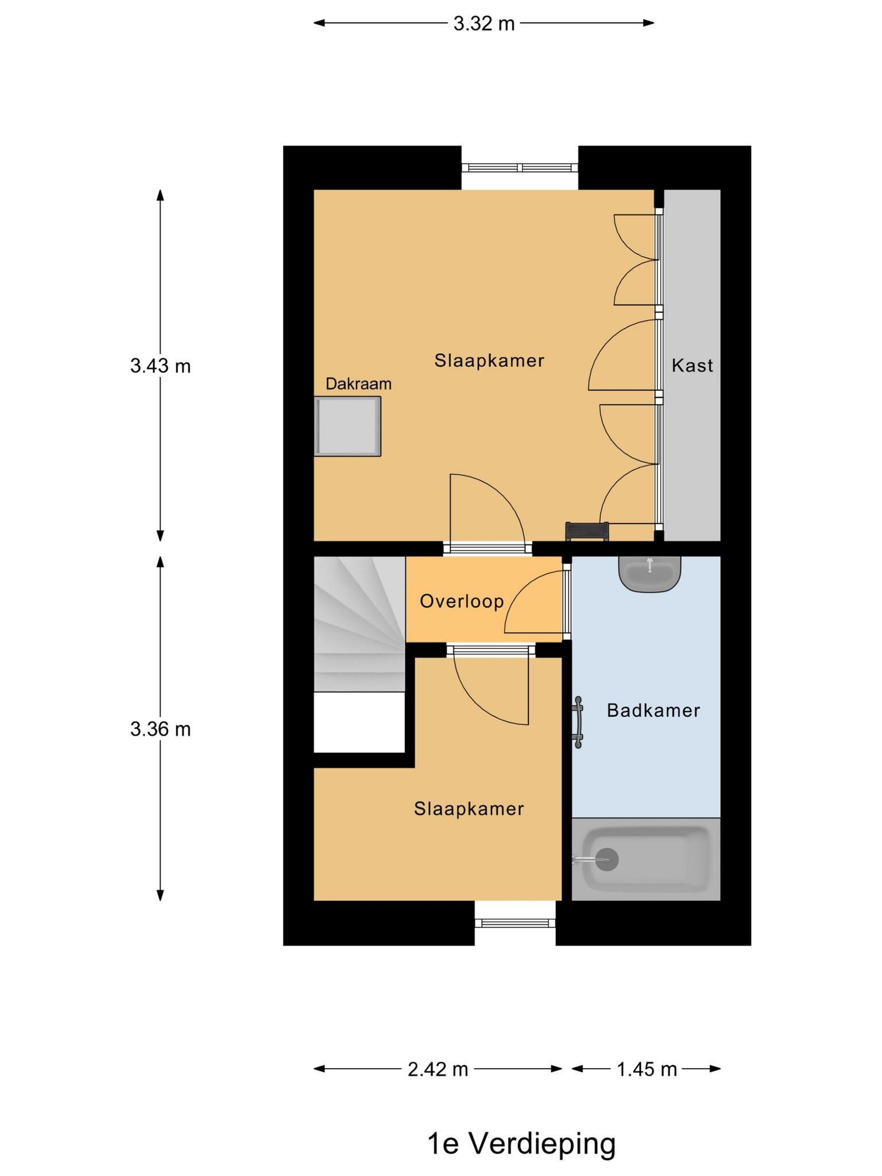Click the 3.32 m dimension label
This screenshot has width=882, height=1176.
[483, 24]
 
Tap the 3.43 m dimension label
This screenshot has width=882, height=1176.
[160, 365]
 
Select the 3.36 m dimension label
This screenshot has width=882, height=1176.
[160, 729]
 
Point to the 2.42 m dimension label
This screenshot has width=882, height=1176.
[438, 1069]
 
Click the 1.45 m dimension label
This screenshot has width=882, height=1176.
[647, 1069]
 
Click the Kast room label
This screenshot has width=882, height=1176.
[693, 365]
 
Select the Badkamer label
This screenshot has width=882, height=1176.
[653, 710]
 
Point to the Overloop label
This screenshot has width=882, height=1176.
[462, 601]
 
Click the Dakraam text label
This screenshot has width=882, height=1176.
[358, 384]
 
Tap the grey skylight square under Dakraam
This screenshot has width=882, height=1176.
[347, 426]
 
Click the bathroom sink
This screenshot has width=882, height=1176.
[649, 574]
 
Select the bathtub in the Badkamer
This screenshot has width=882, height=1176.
[646, 859]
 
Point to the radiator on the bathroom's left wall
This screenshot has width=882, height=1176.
[578, 722]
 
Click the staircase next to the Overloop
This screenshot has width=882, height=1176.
[359, 624]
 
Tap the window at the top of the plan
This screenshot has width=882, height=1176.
[520, 168]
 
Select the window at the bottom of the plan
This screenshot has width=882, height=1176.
[515, 923]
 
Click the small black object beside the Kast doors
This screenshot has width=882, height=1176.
[587, 531]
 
